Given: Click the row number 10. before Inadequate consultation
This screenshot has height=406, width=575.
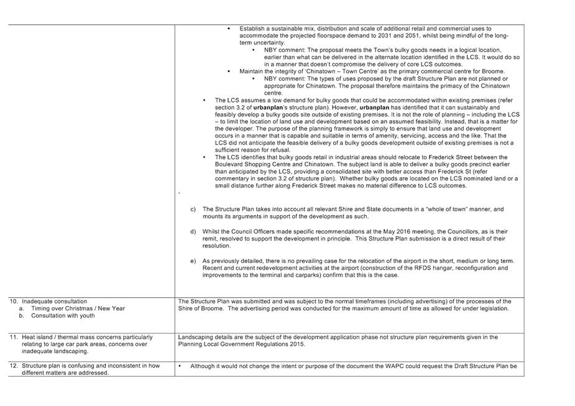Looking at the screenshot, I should (14, 302).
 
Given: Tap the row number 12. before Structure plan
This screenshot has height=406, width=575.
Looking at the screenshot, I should (14, 366).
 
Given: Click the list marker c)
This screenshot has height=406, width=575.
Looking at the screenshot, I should (193, 209).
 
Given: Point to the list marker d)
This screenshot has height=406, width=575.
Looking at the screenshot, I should (193, 231).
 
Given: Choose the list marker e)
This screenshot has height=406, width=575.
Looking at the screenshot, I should (193, 261).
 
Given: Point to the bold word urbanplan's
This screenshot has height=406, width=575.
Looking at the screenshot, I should (264, 107).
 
